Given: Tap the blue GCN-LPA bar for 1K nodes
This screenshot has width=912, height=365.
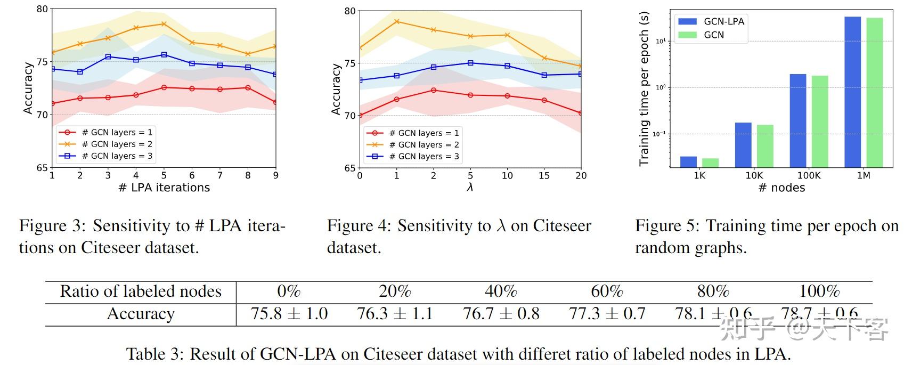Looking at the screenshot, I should pyautogui.click(x=688, y=162).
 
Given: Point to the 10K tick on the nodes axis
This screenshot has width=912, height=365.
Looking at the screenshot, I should pyautogui.click(x=754, y=175).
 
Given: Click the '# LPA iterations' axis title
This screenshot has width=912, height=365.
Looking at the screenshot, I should pyautogui.click(x=164, y=188).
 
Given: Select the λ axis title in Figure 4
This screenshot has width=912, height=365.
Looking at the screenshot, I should pyautogui.click(x=469, y=187).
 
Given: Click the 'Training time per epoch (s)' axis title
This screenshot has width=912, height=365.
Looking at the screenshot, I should pyautogui.click(x=644, y=88).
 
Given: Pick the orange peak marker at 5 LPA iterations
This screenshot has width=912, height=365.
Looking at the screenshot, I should pyautogui.click(x=164, y=24).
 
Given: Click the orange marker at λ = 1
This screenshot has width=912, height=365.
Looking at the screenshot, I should pyautogui.click(x=396, y=21).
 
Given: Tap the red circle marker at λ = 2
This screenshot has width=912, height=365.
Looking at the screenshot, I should pyautogui.click(x=434, y=90).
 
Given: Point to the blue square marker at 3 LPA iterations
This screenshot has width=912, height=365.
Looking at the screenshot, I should pyautogui.click(x=108, y=56).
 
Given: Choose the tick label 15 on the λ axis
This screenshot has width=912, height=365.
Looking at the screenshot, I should pyautogui.click(x=544, y=175).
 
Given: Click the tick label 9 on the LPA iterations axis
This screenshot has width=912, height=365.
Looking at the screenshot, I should pyautogui.click(x=275, y=175).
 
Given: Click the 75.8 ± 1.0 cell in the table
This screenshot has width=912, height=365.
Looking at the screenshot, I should pyautogui.click(x=289, y=313).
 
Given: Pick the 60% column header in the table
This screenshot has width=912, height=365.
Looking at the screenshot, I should pyautogui.click(x=607, y=291).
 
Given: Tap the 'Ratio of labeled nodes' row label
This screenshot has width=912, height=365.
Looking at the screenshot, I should pyautogui.click(x=141, y=291).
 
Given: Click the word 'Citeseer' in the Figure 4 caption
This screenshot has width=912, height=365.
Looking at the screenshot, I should pyautogui.click(x=562, y=226).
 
